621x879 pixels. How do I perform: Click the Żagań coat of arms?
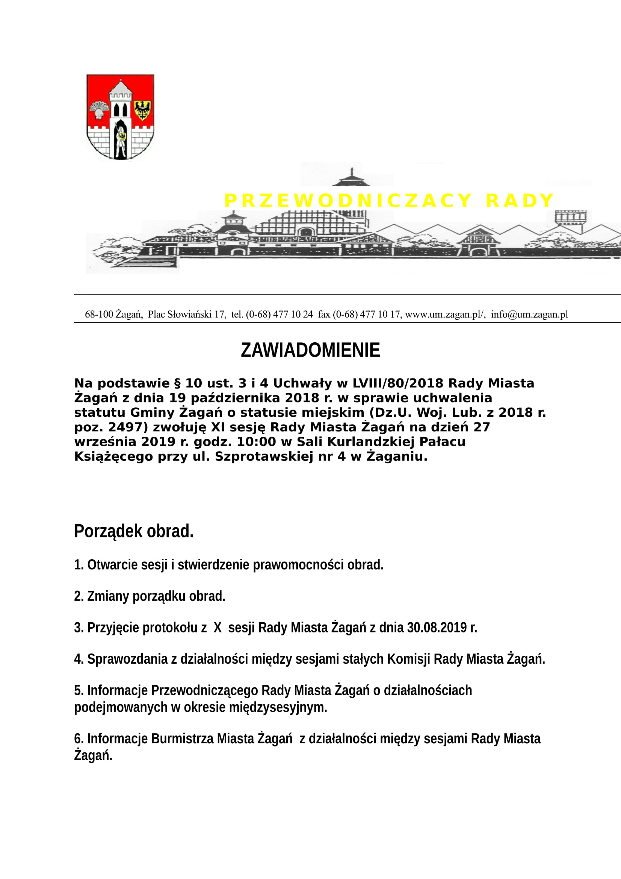pos(120,117)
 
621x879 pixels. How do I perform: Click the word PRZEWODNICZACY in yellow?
pos(348,201)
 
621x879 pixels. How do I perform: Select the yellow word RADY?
pos(520,201)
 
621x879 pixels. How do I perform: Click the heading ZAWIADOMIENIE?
pos(310,350)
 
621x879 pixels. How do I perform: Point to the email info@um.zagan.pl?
pos(529,314)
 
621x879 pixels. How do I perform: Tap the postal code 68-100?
pos(99,314)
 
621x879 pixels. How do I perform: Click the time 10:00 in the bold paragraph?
pos(256,442)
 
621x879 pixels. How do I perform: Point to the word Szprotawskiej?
pos(264,457)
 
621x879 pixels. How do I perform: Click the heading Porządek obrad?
pos(134,531)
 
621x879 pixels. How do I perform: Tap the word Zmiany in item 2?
pos(108,596)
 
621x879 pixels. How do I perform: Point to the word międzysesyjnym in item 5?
pos(278,707)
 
